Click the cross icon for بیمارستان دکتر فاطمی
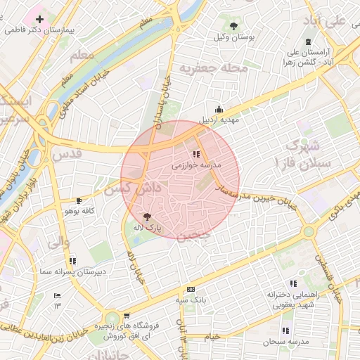coord(39,20)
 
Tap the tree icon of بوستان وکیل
coord(233,26)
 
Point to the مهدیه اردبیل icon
coord(219,109)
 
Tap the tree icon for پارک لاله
coord(146,217)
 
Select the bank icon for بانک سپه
coord(191,290)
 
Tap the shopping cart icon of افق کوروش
coord(127,316)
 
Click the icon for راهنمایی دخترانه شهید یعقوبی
coord(272,292)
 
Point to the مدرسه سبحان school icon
coord(285,330)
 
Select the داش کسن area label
coord(133,188)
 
